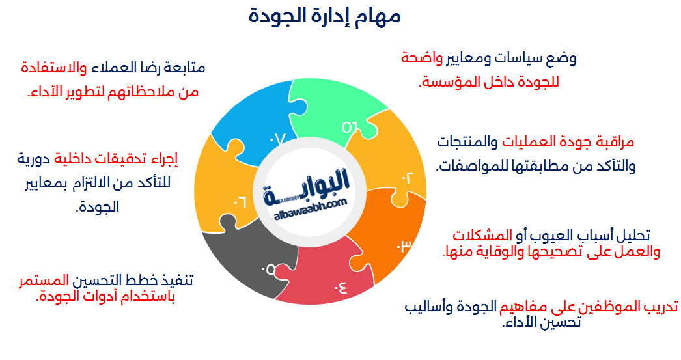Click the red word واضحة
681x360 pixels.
421,59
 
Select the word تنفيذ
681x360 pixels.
176,281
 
